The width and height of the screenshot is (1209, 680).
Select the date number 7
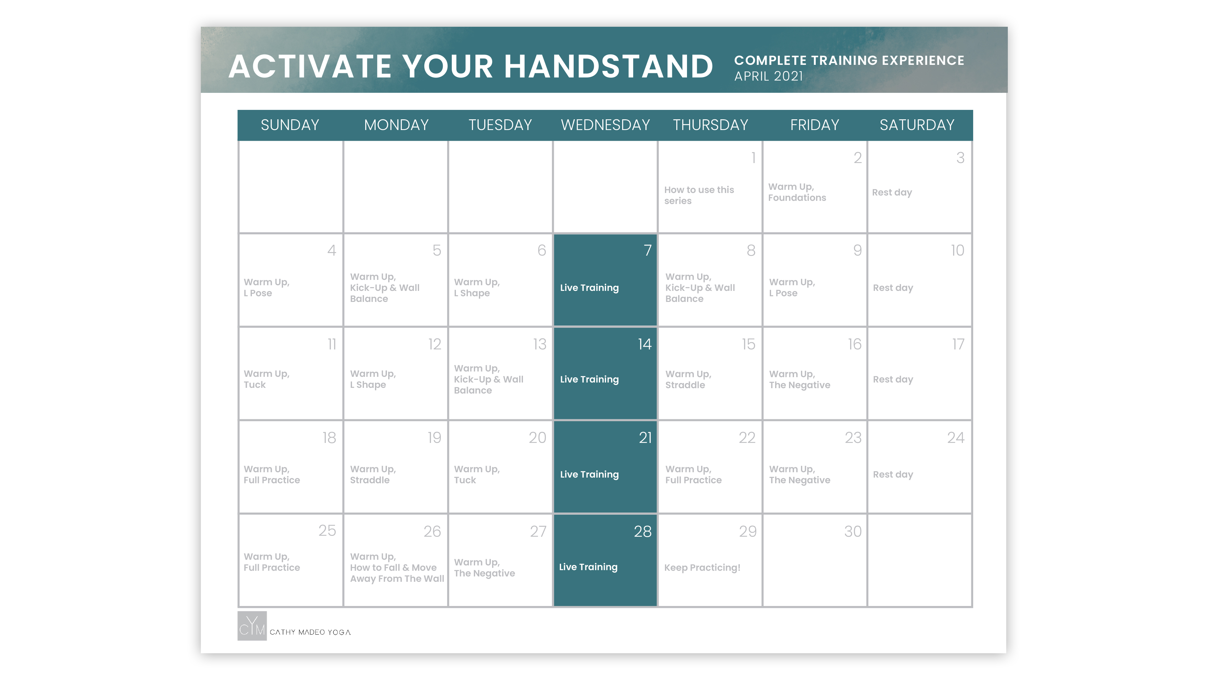point(647,250)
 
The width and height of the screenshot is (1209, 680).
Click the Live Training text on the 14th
point(589,379)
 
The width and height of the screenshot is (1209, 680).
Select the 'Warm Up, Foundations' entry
point(797,192)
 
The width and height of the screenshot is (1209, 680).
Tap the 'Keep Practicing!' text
point(702,567)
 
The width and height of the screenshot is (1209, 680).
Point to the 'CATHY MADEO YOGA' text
point(310,632)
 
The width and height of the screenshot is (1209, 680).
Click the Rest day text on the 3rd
point(892,192)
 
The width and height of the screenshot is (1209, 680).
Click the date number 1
point(753,158)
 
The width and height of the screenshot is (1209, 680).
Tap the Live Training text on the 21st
point(589,474)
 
